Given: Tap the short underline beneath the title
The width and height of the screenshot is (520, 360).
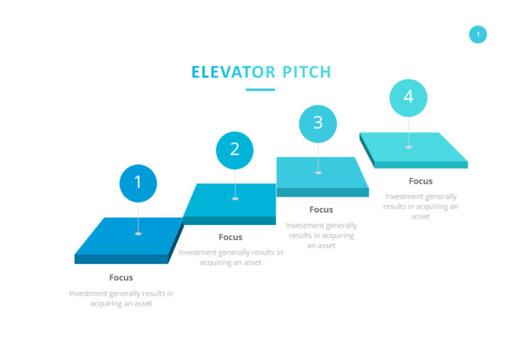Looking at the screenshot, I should (260, 89).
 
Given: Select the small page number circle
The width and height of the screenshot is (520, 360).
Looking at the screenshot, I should (478, 34).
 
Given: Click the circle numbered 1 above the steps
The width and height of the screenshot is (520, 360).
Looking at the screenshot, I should (138, 183).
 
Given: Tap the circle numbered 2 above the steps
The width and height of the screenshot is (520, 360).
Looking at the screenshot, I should (235, 150).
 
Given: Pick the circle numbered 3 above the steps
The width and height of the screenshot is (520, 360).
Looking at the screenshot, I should (318, 123).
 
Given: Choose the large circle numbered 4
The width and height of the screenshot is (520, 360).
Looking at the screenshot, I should (409, 98).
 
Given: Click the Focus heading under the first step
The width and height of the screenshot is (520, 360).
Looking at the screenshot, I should (121, 278).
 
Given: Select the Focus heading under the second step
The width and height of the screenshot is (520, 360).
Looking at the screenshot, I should (231, 237).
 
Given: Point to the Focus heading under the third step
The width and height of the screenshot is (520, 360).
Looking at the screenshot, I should (321, 210).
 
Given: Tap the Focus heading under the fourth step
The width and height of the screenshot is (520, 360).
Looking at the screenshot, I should (421, 181).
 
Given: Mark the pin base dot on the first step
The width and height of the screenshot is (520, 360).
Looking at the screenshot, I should (138, 234).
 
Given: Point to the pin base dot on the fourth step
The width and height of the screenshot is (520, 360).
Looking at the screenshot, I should (409, 147).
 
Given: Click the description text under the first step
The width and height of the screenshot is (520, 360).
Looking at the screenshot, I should (121, 298).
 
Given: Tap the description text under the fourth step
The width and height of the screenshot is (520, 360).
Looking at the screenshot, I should (421, 206).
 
